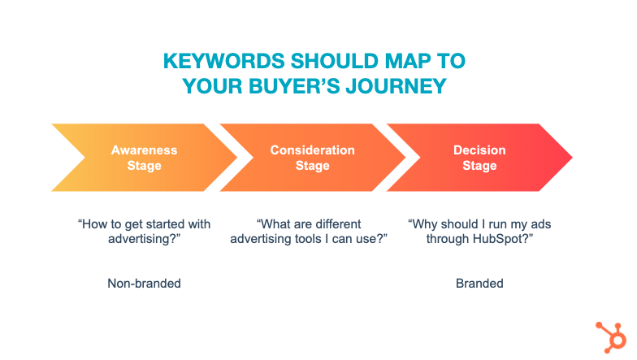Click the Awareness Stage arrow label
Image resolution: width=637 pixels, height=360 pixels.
[145, 158]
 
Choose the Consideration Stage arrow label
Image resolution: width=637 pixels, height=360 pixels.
[312, 158]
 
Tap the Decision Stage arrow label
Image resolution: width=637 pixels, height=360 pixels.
[479, 158]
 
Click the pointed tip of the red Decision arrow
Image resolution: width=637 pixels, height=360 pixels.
[572, 158]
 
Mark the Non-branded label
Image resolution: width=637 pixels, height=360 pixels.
[145, 283]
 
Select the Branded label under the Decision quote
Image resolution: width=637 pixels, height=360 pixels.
[479, 283]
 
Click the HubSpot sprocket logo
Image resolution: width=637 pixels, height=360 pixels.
[611, 337]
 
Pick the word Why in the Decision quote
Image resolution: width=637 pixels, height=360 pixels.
[423, 224]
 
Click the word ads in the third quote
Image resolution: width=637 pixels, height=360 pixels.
[541, 224]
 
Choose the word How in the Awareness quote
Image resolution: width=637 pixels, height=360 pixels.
[93, 224]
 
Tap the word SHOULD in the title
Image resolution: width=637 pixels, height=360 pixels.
[335, 62]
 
